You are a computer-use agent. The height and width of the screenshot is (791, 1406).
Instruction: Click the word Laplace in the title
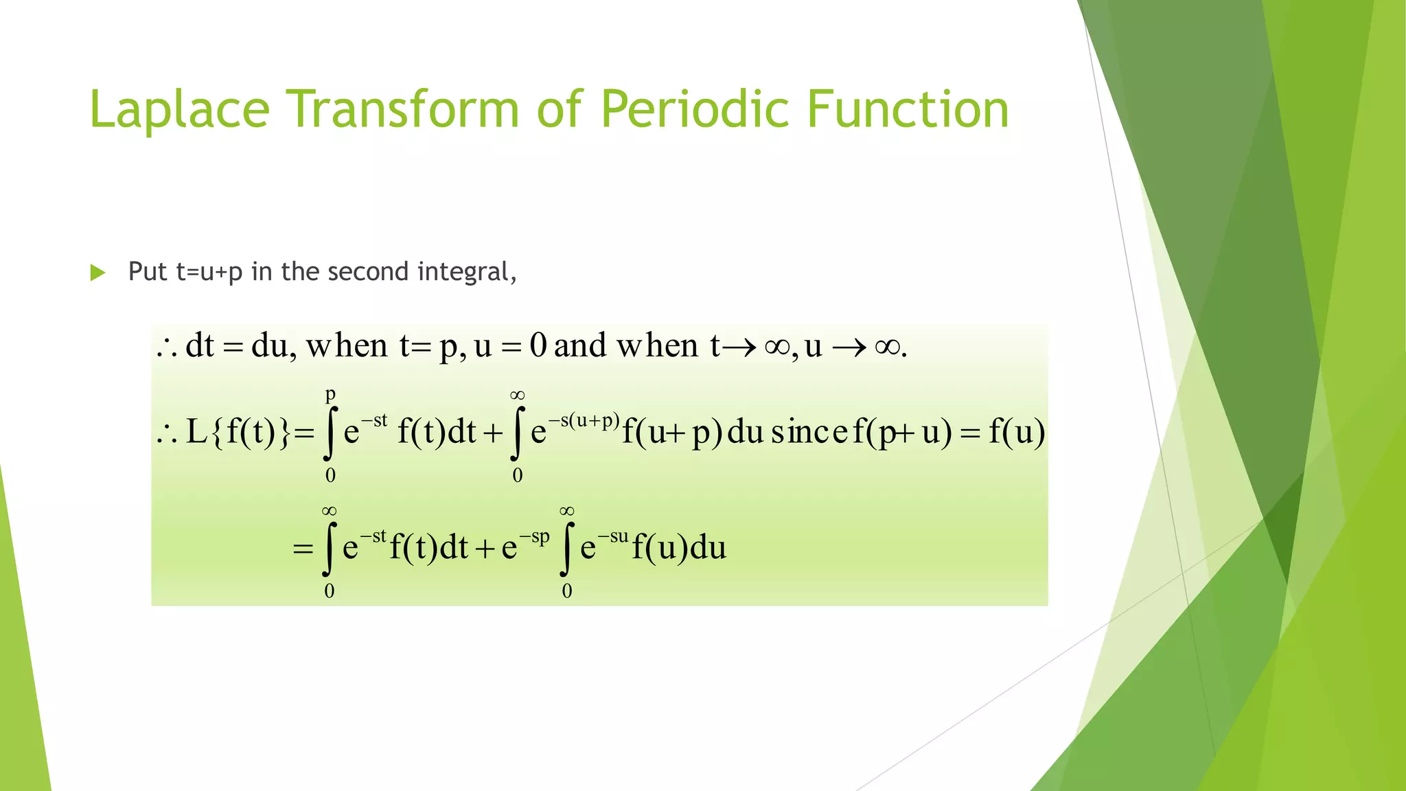(x=179, y=110)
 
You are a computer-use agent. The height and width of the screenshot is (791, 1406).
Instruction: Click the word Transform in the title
(x=402, y=110)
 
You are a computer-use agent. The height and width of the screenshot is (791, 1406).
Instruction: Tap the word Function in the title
(x=907, y=110)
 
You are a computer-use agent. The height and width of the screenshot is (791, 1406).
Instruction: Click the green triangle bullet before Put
(x=97, y=273)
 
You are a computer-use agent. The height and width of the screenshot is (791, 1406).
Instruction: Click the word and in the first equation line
(x=580, y=345)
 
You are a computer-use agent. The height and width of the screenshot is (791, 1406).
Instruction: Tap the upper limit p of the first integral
(x=330, y=394)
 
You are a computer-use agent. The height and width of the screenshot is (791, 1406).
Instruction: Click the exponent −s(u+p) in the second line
(x=584, y=420)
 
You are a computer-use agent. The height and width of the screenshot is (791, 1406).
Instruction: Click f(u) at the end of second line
(x=1017, y=433)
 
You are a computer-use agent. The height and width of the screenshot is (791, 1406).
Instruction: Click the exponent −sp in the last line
(x=535, y=537)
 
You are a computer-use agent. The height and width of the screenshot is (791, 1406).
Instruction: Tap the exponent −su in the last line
(x=613, y=537)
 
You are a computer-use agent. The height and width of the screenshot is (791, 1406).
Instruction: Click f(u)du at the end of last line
(x=678, y=548)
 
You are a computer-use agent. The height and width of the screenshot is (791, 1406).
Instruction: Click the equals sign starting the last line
(x=303, y=549)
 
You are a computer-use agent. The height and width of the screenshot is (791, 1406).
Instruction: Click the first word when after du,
(x=347, y=345)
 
